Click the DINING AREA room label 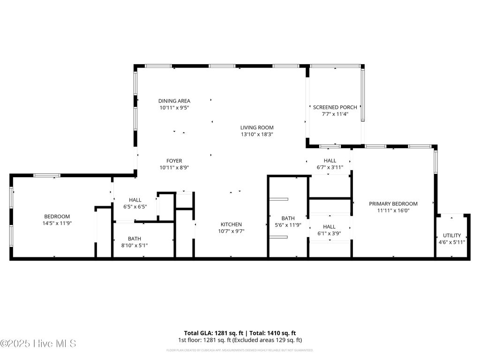tap(174, 101)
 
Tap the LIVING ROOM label tap(257, 127)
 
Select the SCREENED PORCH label tap(335, 107)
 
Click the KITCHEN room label tap(231, 225)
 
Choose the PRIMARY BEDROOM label tap(393, 204)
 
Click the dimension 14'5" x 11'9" tap(57, 224)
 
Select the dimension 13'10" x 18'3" tap(257, 135)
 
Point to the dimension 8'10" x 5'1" tap(135, 245)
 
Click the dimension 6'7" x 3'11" tap(330, 167)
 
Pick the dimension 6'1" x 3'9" tap(329, 233)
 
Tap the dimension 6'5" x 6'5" tap(135, 207)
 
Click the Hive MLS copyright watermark tap(38, 344)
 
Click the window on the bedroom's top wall tap(46, 175)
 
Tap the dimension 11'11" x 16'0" tap(393, 210)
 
